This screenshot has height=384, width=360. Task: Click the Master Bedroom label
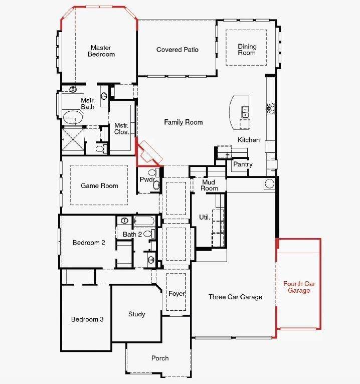[x=102, y=51]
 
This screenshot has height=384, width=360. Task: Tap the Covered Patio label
[x=177, y=50]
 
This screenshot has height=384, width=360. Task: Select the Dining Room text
[x=247, y=50]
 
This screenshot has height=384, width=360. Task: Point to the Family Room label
[x=183, y=122]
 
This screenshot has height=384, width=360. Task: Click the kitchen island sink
[x=245, y=110]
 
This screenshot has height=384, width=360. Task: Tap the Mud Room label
[x=210, y=185]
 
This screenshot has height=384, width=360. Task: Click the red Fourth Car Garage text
[x=299, y=287]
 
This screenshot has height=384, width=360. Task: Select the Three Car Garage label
[x=235, y=297]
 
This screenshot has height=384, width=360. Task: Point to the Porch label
[x=160, y=358]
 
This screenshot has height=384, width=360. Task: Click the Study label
[x=136, y=314]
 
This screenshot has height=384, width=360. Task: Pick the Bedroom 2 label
[x=89, y=243]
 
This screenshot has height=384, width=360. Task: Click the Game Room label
[x=99, y=185]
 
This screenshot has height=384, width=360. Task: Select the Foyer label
[x=176, y=293]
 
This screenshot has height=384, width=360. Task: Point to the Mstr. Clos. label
[x=121, y=129]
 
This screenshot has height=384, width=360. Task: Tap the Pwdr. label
[x=146, y=179]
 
